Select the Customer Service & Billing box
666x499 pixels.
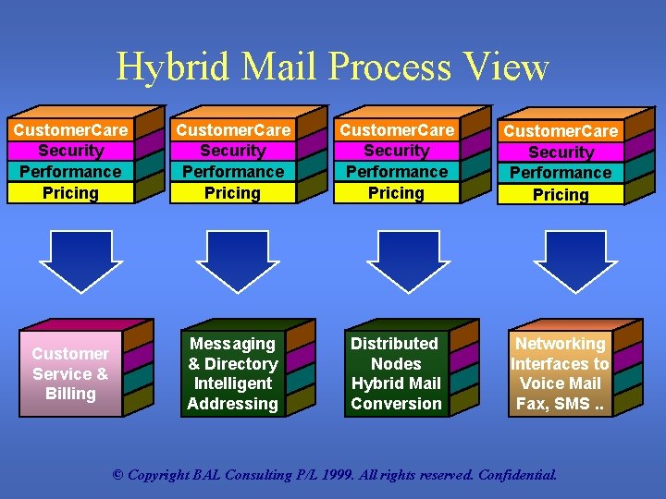(x=70, y=374)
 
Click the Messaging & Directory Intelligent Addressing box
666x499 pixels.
(x=232, y=374)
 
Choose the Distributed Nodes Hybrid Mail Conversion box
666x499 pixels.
(x=396, y=374)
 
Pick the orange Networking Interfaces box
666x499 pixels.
(x=560, y=374)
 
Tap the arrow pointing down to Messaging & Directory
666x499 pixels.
(x=232, y=259)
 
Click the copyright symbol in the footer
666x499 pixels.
(x=117, y=476)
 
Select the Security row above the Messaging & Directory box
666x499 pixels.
(x=233, y=151)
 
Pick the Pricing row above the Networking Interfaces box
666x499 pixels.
(x=561, y=195)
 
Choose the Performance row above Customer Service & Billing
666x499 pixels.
(x=70, y=172)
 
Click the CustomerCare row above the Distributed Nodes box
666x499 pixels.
(x=396, y=130)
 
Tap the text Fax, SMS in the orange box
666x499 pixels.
(x=560, y=404)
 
